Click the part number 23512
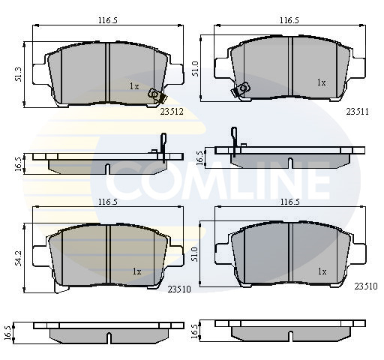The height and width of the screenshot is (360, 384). pyautogui.click(x=172, y=112)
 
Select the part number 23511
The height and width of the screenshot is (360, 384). pyautogui.click(x=357, y=112)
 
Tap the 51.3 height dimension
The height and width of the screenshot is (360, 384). pyautogui.click(x=19, y=74)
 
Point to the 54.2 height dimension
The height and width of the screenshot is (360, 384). pyautogui.click(x=19, y=258)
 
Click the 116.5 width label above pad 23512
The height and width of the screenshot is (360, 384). pyautogui.click(x=108, y=20)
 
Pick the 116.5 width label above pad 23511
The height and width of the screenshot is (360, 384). pyautogui.click(x=289, y=20)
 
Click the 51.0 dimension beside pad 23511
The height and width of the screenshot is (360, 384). pyautogui.click(x=195, y=68)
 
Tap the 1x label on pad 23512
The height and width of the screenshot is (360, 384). pyautogui.click(x=134, y=86)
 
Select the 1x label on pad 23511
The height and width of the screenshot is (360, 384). pyautogui.click(x=321, y=82)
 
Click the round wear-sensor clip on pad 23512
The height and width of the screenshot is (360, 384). pyautogui.click(x=153, y=94)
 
